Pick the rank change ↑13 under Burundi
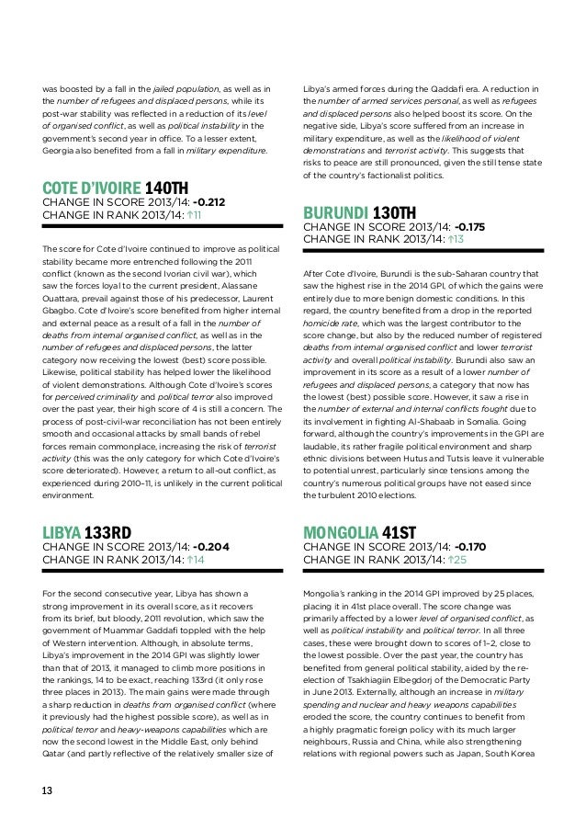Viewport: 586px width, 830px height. coord(450,240)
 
